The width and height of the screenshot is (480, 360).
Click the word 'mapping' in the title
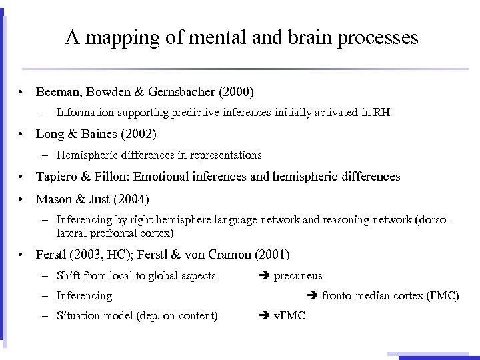[x=117, y=37]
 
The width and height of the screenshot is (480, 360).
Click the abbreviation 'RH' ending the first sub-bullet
[x=382, y=113]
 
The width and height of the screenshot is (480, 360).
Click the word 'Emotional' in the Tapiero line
[x=169, y=177]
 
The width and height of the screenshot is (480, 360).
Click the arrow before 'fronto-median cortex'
[x=311, y=295]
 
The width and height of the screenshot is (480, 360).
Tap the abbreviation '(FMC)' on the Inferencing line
[x=443, y=295]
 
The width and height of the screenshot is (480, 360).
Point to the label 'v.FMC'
[x=289, y=315]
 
